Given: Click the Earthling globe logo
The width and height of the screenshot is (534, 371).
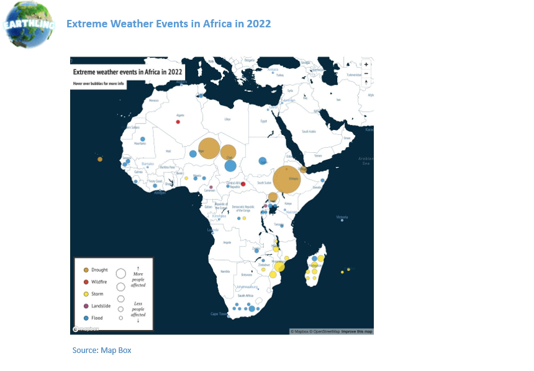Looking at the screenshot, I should (29, 24).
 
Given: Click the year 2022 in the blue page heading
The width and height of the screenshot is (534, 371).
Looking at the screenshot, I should (259, 24).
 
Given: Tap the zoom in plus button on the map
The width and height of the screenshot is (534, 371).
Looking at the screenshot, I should (366, 65).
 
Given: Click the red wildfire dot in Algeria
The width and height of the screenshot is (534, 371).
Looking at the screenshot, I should (178, 122).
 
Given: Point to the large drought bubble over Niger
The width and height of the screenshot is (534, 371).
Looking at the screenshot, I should (209, 149).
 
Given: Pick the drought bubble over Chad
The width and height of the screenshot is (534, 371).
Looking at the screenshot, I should (229, 152).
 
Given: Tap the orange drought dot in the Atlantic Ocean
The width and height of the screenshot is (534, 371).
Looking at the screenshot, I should (100, 159).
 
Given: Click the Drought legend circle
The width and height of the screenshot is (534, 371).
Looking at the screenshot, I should (86, 270).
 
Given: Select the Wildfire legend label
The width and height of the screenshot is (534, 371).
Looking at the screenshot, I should (99, 282).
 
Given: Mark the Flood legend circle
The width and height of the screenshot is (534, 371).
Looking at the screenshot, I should (86, 318).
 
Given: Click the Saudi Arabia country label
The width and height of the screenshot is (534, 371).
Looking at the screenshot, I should (309, 131).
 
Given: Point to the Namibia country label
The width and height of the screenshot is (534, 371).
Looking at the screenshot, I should (225, 272).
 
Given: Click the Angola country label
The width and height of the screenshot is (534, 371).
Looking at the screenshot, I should (227, 242).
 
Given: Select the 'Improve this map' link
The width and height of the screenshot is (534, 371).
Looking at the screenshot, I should (357, 331).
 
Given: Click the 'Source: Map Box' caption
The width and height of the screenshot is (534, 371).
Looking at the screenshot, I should (102, 350).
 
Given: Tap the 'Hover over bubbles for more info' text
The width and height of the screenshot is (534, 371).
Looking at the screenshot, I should (98, 83).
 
